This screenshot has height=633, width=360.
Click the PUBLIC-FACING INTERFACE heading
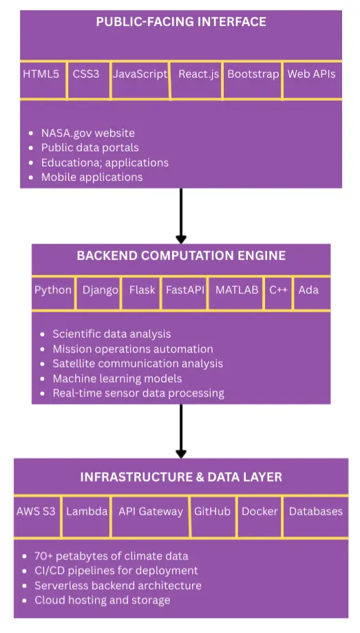[181, 22]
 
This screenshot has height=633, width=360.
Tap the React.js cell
[198, 74]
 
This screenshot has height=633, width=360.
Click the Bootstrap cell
[253, 74]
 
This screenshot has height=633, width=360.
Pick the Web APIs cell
[311, 74]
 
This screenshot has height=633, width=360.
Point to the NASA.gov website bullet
[87, 133]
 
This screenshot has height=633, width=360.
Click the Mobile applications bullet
[92, 177]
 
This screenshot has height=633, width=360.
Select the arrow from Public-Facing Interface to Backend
[181, 215]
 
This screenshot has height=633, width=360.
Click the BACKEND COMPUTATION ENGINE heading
[181, 256]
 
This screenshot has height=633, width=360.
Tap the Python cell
[53, 290]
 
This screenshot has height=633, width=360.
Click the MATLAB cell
[237, 290]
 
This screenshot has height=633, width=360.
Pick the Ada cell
[308, 290]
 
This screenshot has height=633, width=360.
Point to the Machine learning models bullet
[117, 378]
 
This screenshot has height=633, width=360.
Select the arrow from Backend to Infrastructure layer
[181, 431]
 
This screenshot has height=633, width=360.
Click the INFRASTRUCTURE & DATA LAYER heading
[181, 477]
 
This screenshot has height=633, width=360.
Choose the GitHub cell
[212, 511]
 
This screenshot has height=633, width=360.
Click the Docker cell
[260, 511]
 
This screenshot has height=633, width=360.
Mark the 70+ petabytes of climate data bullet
[111, 556]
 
